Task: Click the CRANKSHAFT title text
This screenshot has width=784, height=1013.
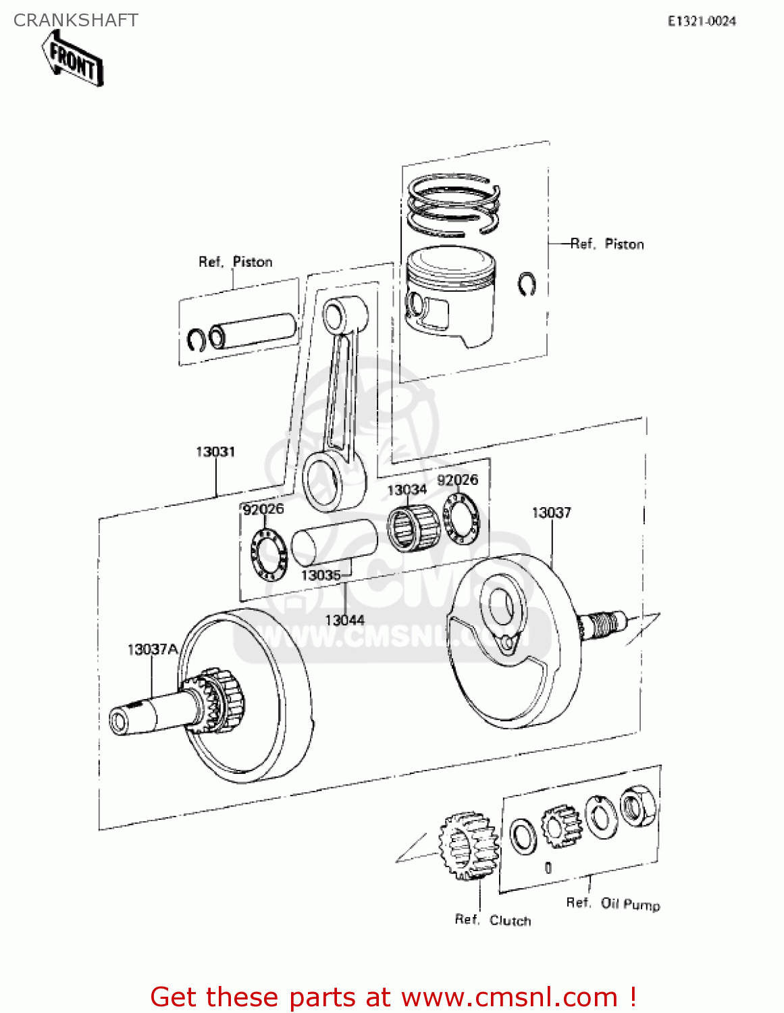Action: [x=76, y=20]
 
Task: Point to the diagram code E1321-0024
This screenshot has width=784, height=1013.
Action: [x=702, y=21]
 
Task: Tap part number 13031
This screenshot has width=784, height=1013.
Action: [x=215, y=452]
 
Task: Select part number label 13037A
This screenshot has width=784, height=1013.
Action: [x=153, y=650]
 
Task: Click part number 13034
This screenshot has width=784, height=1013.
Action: [x=407, y=490]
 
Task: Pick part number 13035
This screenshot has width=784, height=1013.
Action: [x=321, y=575]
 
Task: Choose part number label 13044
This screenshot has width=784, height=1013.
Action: [x=344, y=620]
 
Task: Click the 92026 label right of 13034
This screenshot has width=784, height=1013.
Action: [x=457, y=479]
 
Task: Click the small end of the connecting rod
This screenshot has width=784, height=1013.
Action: [x=334, y=314]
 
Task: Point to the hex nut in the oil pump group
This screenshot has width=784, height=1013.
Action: [x=637, y=806]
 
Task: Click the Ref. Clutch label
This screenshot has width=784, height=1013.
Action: [x=492, y=920]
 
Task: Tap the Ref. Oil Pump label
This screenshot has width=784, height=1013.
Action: [x=612, y=904]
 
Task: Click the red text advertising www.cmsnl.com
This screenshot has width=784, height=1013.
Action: [x=393, y=997]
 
